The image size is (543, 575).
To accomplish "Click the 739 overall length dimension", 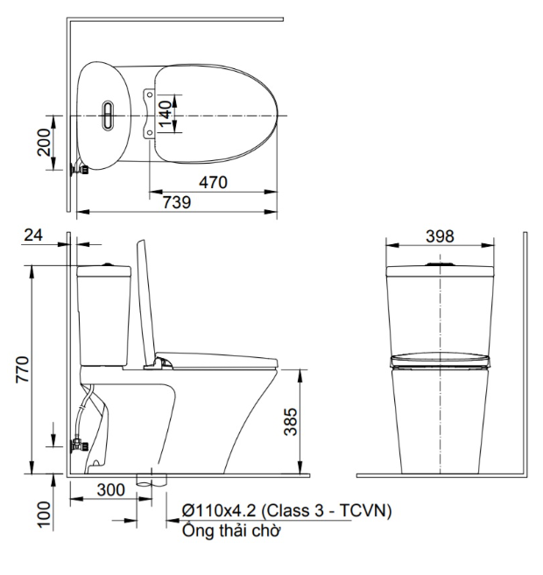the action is (177, 202).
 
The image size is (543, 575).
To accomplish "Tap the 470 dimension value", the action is (213, 182).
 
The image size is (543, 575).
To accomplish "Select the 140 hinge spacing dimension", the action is (166, 113).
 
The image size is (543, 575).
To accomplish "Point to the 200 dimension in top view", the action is (44, 143).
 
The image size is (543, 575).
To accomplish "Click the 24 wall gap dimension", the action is (33, 235).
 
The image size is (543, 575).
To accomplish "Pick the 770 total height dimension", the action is (23, 369).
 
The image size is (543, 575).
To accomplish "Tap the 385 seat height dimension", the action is (291, 422).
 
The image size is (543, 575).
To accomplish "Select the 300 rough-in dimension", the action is (111, 490).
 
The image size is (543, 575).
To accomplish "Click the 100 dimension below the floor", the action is (44, 515).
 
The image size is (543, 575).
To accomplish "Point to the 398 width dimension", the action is (440, 236).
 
